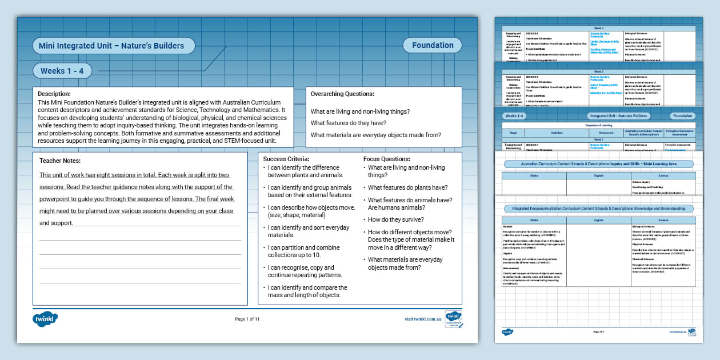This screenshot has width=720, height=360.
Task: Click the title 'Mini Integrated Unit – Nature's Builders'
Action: coord(111,46)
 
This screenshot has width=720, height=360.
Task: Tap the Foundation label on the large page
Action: coord(433,46)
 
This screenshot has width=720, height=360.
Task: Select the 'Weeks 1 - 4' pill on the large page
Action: coord(62,71)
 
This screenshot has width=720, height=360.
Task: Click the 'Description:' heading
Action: coord(54,94)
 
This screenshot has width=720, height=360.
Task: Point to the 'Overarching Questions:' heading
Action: coord(342,94)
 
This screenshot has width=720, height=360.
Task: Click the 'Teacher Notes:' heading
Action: coord(60,161)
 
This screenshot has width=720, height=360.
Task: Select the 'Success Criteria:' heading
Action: coord(286,159)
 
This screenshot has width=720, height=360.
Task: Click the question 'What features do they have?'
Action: coord(348,123)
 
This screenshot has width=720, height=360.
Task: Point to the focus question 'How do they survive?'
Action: coord(395,219)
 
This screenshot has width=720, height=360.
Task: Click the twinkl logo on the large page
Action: coord(45,319)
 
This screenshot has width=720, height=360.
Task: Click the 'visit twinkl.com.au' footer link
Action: coord(423,319)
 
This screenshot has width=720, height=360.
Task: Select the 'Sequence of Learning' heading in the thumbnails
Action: coord(598,125)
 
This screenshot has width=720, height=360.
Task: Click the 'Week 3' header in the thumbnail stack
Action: coord(598,27)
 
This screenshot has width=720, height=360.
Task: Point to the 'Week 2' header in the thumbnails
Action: coord(598,72)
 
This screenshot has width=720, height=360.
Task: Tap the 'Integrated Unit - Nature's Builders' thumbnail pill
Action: coord(598,116)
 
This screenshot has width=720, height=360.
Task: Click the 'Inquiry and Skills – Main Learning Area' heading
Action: coord(598,164)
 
